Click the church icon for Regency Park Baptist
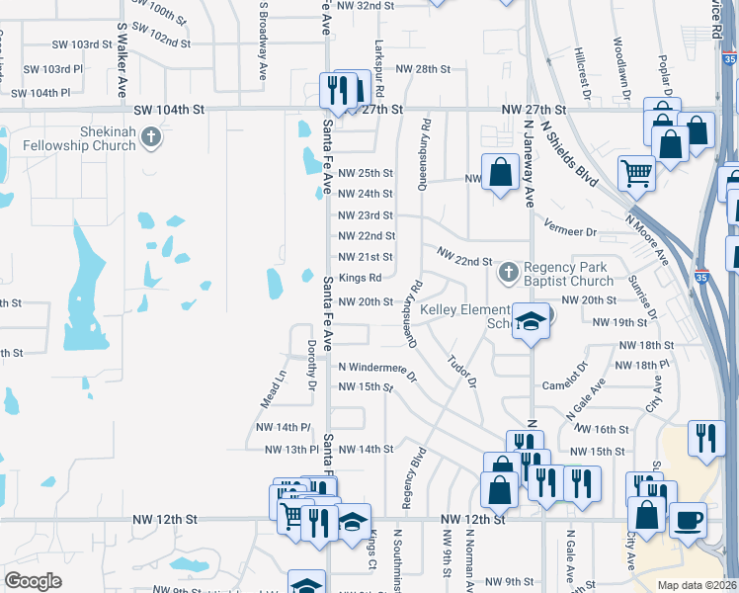[x=508, y=270]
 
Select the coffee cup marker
[x=688, y=519]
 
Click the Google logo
[x=34, y=581]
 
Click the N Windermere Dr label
[x=377, y=367]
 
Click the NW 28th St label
[x=423, y=69]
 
